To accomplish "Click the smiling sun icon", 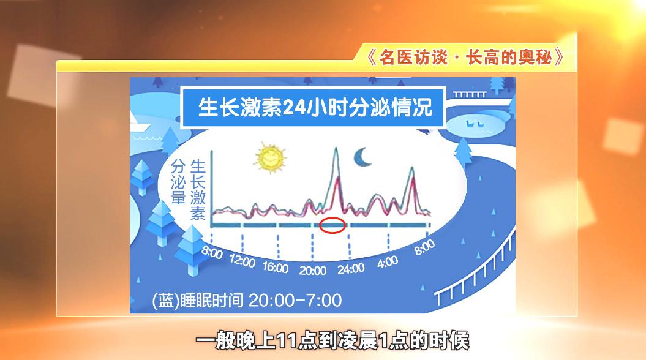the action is coord(270,158).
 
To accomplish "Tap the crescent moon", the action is coord(362,157).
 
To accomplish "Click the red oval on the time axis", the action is coord(332,225).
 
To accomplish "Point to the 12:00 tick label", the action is coord(242,260).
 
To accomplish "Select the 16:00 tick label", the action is coord(276,268).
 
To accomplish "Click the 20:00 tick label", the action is coord(313,271).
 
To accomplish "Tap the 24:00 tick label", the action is coord(351,269).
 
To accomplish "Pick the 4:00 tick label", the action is coord(388,262).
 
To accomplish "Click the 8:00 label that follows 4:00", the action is coord(425,247).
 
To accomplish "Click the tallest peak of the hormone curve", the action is coord(336,148).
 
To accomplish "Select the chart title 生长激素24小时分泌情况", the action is coord(315,108).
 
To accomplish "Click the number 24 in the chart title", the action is coord(297,108).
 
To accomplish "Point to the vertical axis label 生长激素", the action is coord(198,190).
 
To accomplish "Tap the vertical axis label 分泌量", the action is coord(178,182).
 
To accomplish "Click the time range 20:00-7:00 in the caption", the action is coord(295,300).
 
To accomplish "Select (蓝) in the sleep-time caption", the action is coord(166,301).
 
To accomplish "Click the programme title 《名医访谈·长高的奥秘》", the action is coord(466,57).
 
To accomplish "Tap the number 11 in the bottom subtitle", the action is coord(287,341).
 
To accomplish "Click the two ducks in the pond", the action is coord(473,123).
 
